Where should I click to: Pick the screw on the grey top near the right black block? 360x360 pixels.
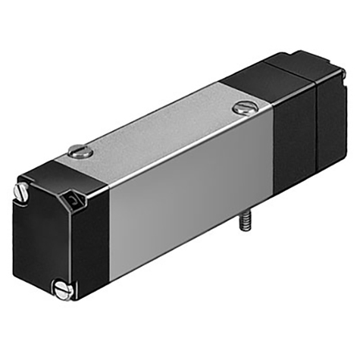(x=244, y=108)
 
